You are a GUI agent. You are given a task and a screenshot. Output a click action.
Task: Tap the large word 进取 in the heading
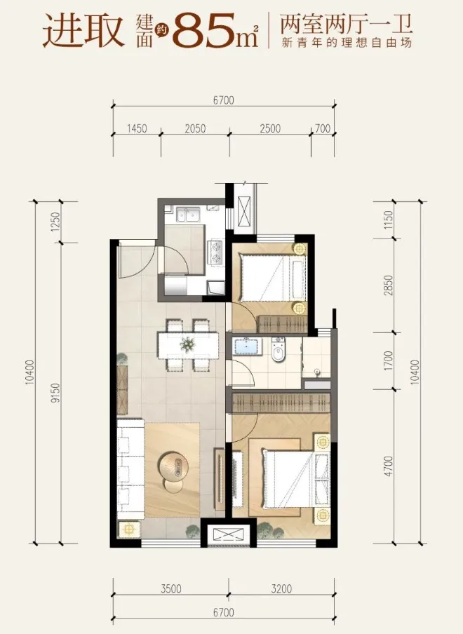83,31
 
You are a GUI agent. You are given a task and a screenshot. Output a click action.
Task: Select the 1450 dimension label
137,128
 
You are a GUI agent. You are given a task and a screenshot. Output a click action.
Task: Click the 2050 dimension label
195,128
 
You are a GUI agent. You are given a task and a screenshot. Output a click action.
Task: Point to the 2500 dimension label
270,128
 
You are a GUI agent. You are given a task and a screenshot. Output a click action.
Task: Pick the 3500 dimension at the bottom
170,588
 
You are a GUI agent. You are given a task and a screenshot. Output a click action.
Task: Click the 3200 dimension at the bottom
281,588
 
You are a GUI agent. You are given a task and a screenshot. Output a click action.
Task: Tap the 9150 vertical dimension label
56,393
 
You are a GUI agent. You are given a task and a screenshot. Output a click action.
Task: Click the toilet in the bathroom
278,351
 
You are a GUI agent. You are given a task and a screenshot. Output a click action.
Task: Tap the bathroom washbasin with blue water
246,347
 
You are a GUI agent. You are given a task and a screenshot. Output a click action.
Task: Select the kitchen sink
188,215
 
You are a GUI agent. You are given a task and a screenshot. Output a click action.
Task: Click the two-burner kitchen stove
215,253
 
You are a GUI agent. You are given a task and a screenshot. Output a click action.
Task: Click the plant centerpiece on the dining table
187,344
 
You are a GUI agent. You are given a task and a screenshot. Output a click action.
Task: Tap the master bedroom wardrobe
281,403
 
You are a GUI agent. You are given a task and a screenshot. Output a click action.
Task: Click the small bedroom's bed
273,277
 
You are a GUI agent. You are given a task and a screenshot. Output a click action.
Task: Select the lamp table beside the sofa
129,530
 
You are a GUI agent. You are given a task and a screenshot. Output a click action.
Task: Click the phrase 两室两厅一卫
347,25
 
